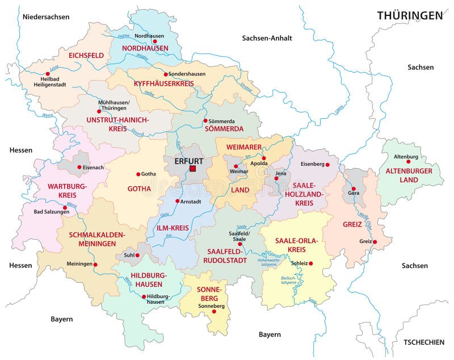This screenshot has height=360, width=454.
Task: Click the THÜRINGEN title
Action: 410,15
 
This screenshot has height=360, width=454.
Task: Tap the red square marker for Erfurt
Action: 192,169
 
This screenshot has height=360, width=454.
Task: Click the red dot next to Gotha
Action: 138,174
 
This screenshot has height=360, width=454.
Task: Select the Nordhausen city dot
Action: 154,41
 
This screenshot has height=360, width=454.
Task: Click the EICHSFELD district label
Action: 86,56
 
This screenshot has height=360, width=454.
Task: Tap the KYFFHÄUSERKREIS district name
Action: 164,83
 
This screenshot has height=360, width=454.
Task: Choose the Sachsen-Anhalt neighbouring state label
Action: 267,38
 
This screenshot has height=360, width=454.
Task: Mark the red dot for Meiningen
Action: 95,265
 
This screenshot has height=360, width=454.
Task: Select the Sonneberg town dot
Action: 214,311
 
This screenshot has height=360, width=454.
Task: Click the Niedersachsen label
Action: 46,17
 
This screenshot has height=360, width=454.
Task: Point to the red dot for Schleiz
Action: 312,263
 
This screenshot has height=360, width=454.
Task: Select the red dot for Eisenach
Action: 79,168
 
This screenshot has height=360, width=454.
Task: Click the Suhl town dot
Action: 137,256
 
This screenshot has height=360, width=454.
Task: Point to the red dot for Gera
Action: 353,189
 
